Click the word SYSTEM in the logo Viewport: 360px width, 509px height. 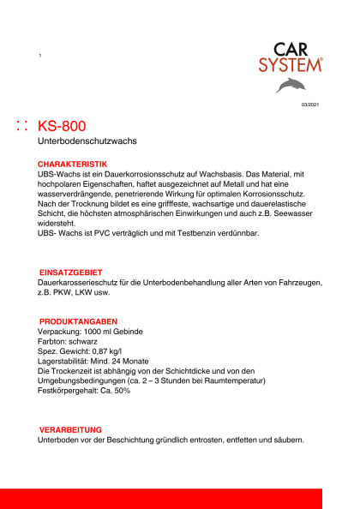291,65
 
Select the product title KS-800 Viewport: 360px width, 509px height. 61,126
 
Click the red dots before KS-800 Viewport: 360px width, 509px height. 23,126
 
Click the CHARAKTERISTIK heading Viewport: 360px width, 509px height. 72,163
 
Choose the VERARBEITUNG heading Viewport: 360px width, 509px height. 71,429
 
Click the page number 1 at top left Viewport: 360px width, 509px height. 40,56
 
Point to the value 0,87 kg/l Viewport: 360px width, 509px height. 111,351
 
